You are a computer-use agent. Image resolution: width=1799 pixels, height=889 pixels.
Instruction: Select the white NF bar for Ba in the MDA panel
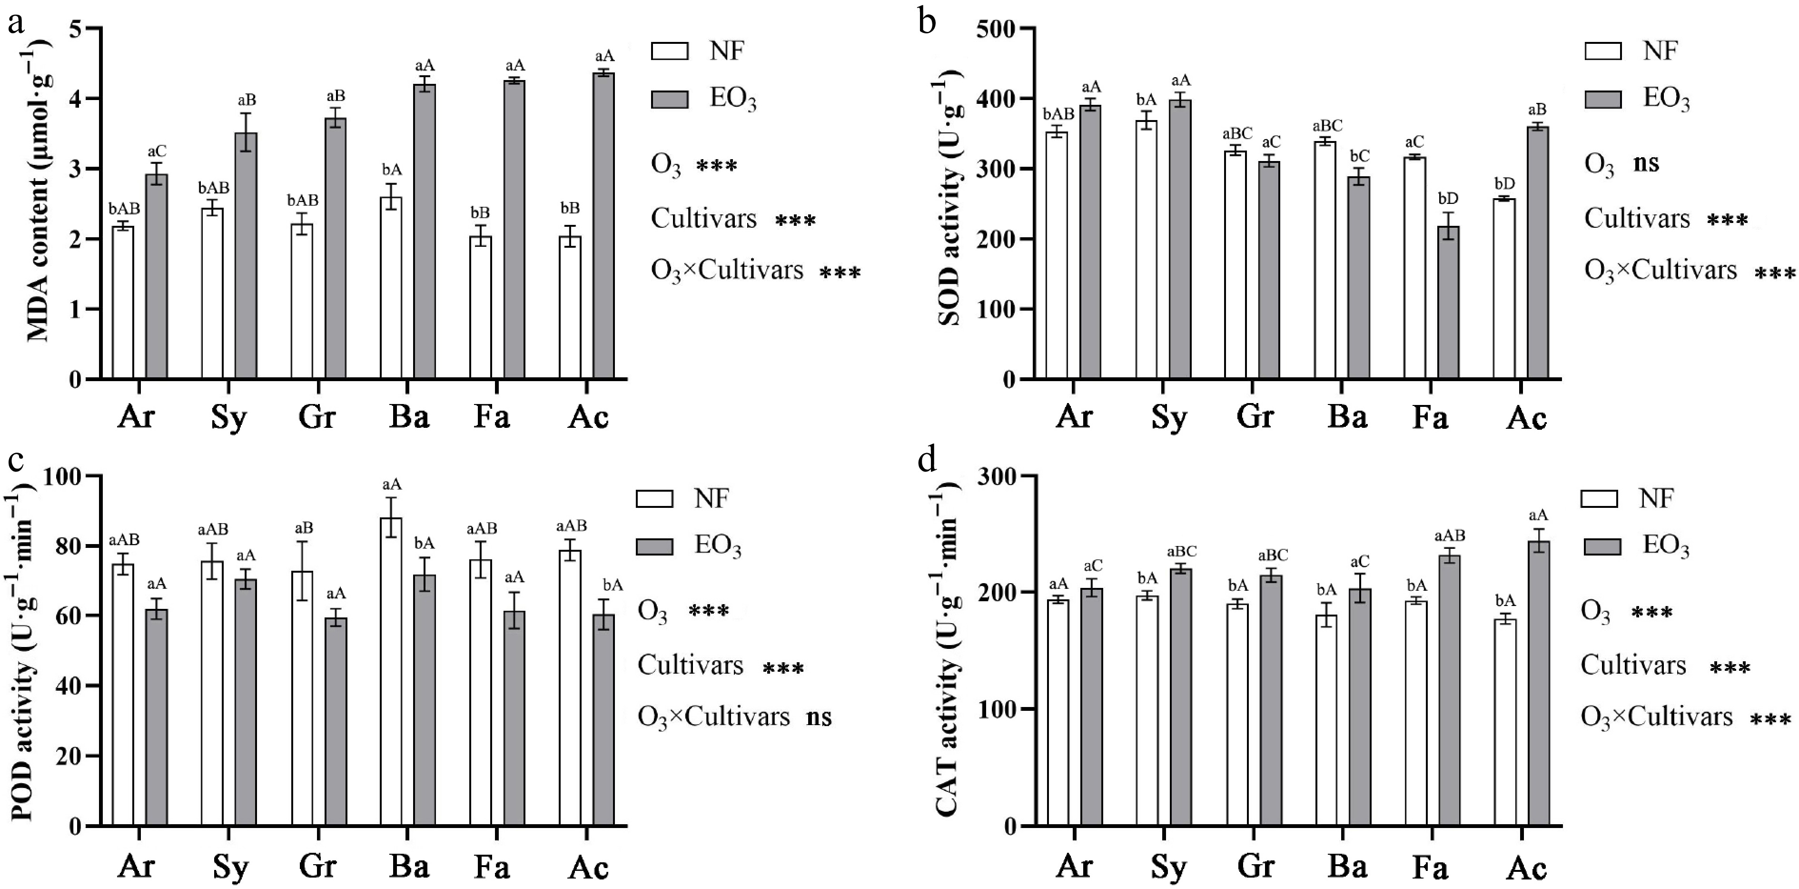391,288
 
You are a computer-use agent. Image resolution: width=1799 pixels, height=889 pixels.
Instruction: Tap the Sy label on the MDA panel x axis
229,418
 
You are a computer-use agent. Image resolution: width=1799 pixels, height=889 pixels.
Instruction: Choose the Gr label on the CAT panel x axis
1255,867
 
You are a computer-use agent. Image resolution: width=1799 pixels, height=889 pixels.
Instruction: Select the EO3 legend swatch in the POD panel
654,546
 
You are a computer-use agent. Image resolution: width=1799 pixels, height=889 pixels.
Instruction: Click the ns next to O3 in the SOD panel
1647,163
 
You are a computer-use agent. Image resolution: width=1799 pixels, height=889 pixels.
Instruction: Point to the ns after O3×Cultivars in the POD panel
819,717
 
